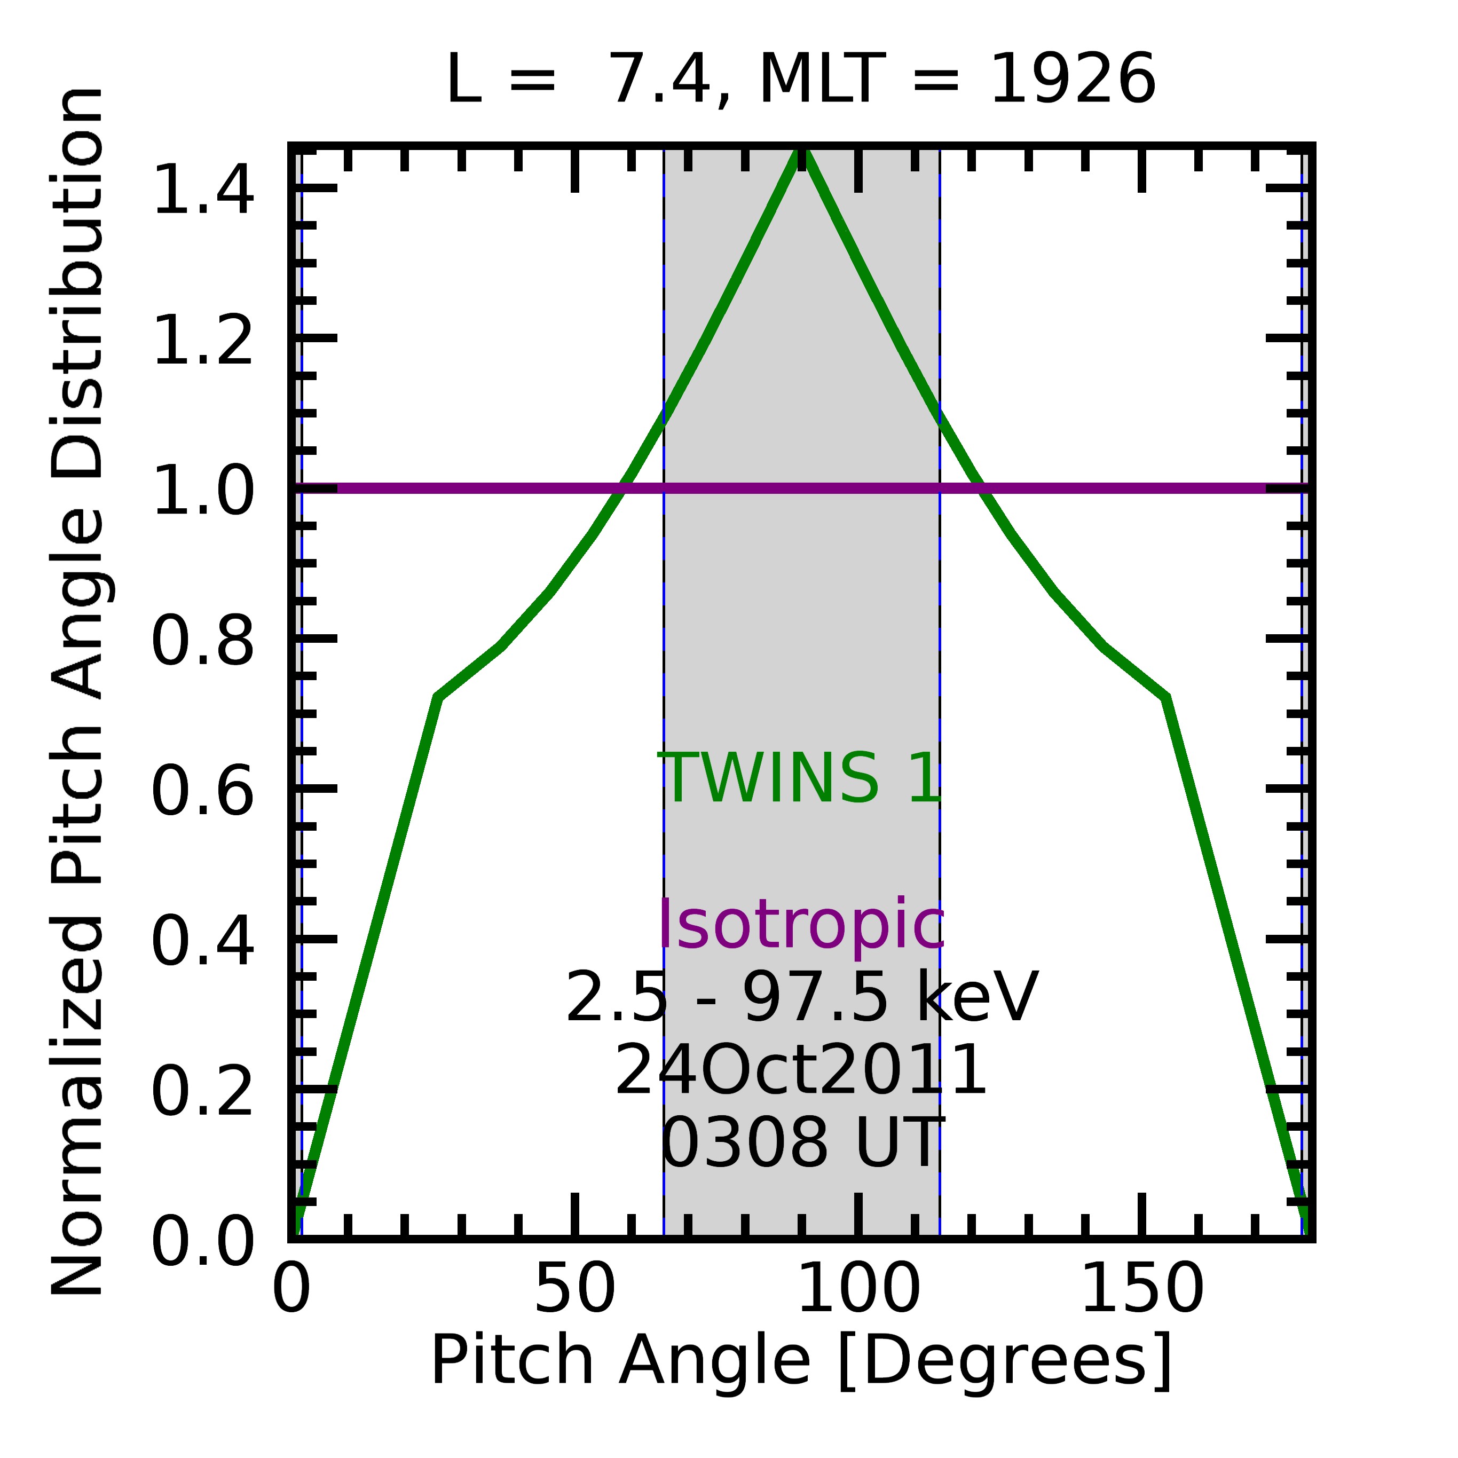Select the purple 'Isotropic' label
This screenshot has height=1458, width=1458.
801,925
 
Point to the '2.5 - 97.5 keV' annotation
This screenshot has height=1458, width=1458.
801,998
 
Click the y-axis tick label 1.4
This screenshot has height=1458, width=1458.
202,192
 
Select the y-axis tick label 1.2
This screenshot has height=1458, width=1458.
202,342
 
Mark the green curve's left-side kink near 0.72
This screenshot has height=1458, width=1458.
438,697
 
